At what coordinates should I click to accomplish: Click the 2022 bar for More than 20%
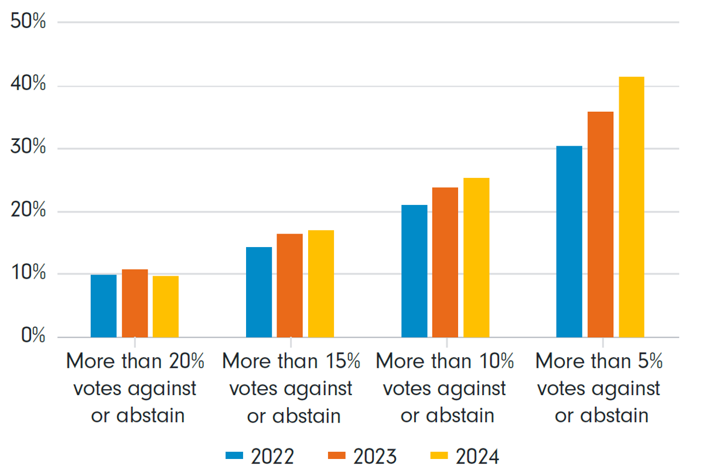[x=104, y=306]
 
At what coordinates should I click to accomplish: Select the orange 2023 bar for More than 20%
[x=135, y=303]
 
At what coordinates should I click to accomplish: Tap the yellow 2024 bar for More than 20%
[x=166, y=307]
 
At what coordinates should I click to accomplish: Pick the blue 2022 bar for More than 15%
[x=259, y=292]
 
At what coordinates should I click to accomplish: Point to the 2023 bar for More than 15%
[x=289, y=286]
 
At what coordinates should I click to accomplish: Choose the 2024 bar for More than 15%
[x=321, y=284]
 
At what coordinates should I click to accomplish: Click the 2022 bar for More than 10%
[x=414, y=271]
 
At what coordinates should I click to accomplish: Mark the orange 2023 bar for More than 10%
[x=445, y=262]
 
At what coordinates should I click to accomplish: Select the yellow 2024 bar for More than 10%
[x=476, y=258]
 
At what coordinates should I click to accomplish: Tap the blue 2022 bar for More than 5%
[x=569, y=242]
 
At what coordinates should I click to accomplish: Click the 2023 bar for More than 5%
[x=600, y=225]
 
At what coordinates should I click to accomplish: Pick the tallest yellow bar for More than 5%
[x=632, y=207]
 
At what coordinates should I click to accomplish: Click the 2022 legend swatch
[x=234, y=455]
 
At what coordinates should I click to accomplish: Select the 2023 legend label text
[x=375, y=457]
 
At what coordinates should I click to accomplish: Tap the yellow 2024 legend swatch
[x=439, y=455]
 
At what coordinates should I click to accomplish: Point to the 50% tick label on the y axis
[x=28, y=21]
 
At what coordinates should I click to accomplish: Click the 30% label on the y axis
[x=28, y=146]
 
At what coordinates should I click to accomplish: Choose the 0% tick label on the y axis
[x=33, y=335]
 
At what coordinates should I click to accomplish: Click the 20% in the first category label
[x=187, y=361]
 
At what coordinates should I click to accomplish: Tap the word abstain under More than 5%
[x=614, y=416]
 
